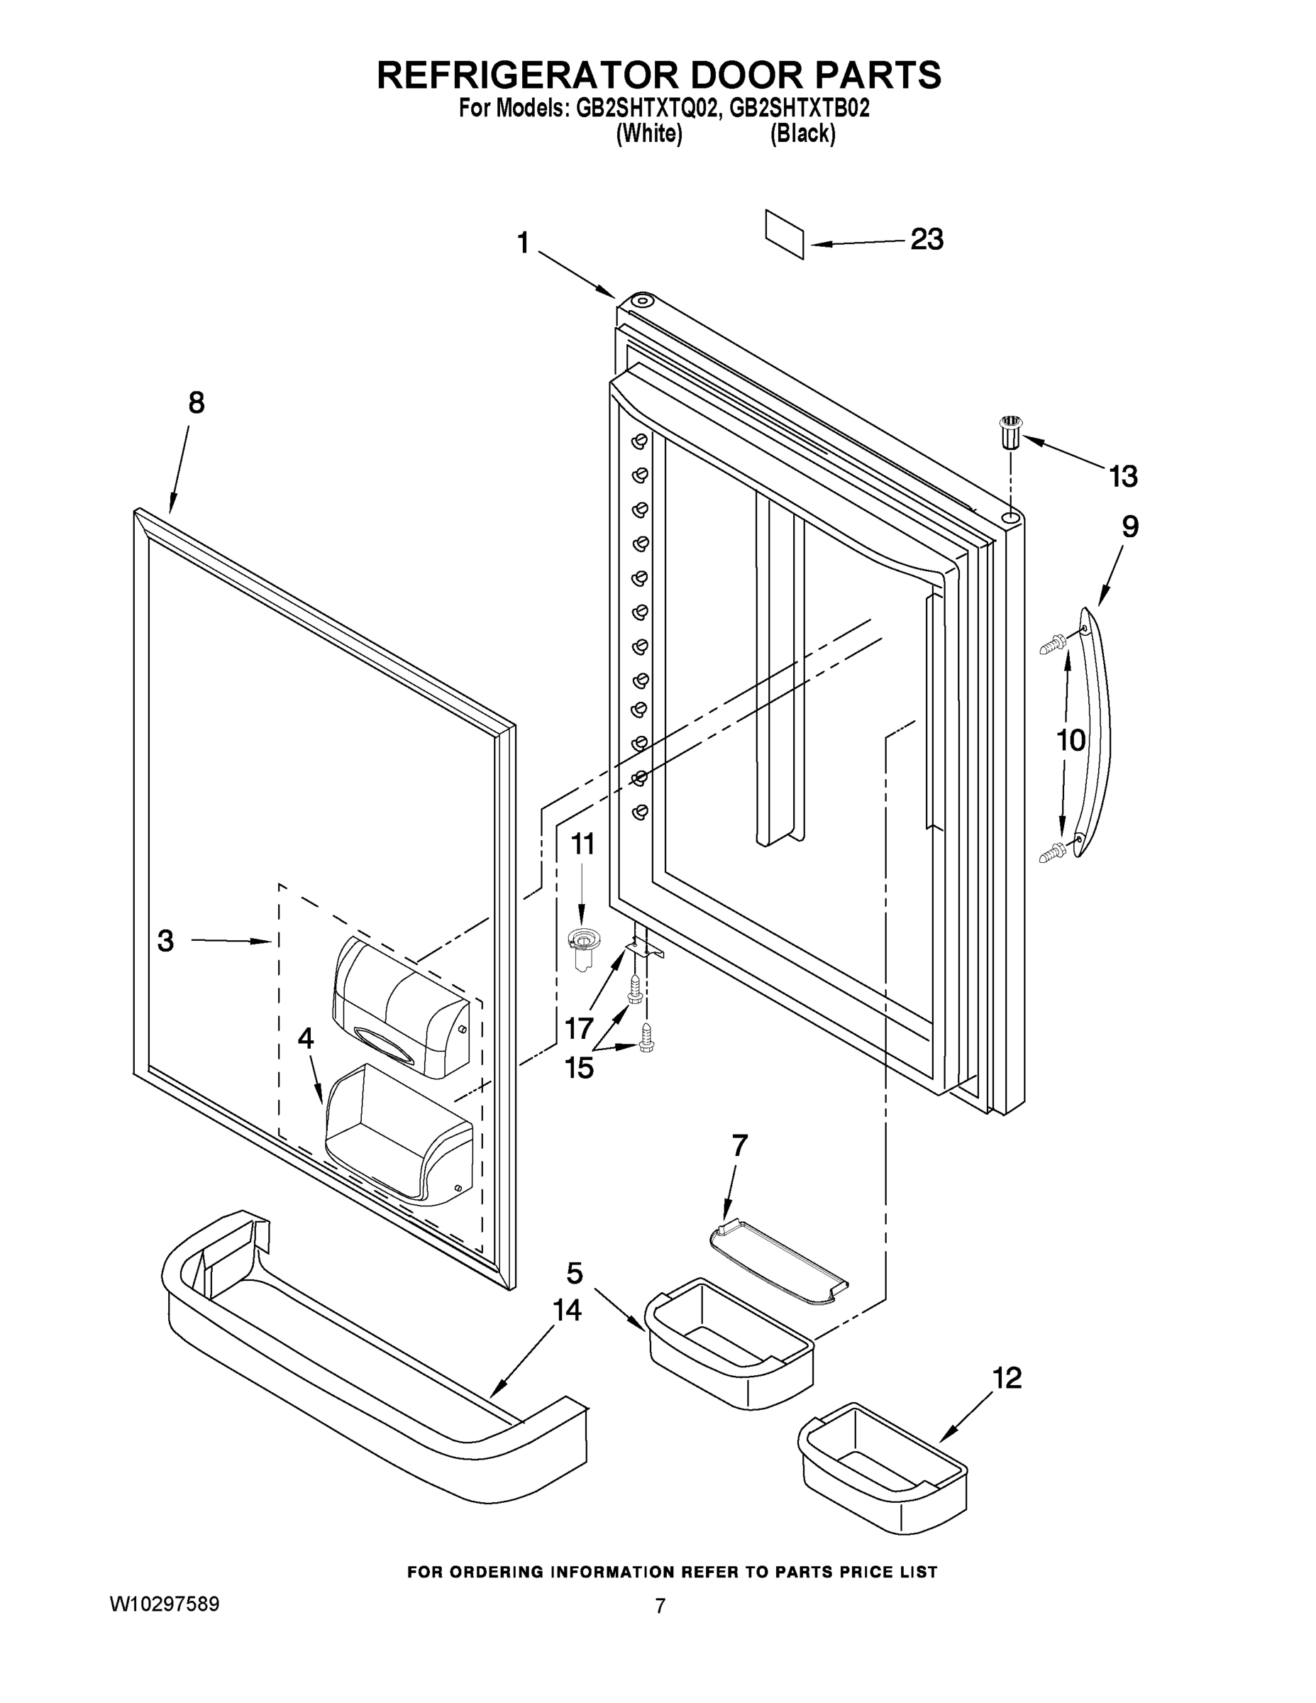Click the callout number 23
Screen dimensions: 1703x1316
(x=927, y=239)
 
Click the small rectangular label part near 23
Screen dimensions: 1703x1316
(x=785, y=233)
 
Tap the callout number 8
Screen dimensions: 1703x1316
(x=197, y=402)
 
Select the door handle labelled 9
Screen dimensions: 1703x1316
(x=1095, y=733)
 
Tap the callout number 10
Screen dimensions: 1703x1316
(x=1071, y=739)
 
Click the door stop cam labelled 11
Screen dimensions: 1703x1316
(x=580, y=944)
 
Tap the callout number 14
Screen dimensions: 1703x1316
(x=567, y=1310)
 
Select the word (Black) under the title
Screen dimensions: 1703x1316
(x=802, y=134)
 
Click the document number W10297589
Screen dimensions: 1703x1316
(x=164, y=1604)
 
